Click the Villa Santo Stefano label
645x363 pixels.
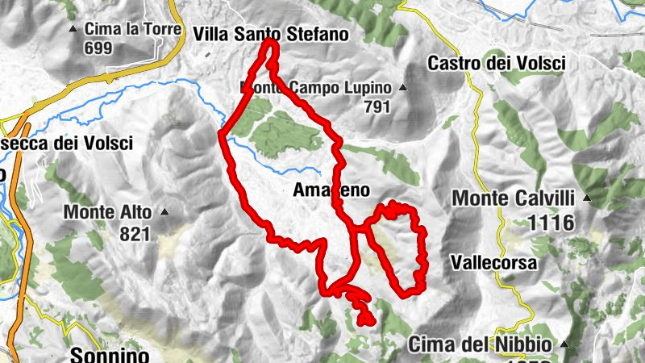click(x=271, y=35)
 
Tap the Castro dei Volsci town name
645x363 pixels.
click(x=497, y=62)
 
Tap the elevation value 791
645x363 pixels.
click(x=377, y=106)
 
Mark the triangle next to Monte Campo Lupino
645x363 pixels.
click(x=402, y=88)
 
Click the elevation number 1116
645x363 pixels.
click(x=552, y=223)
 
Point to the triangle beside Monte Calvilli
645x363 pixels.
click(x=588, y=198)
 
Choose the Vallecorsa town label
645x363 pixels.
click(x=493, y=263)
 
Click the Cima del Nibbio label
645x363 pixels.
click(x=481, y=344)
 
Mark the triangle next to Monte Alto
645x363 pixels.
click(x=164, y=213)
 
